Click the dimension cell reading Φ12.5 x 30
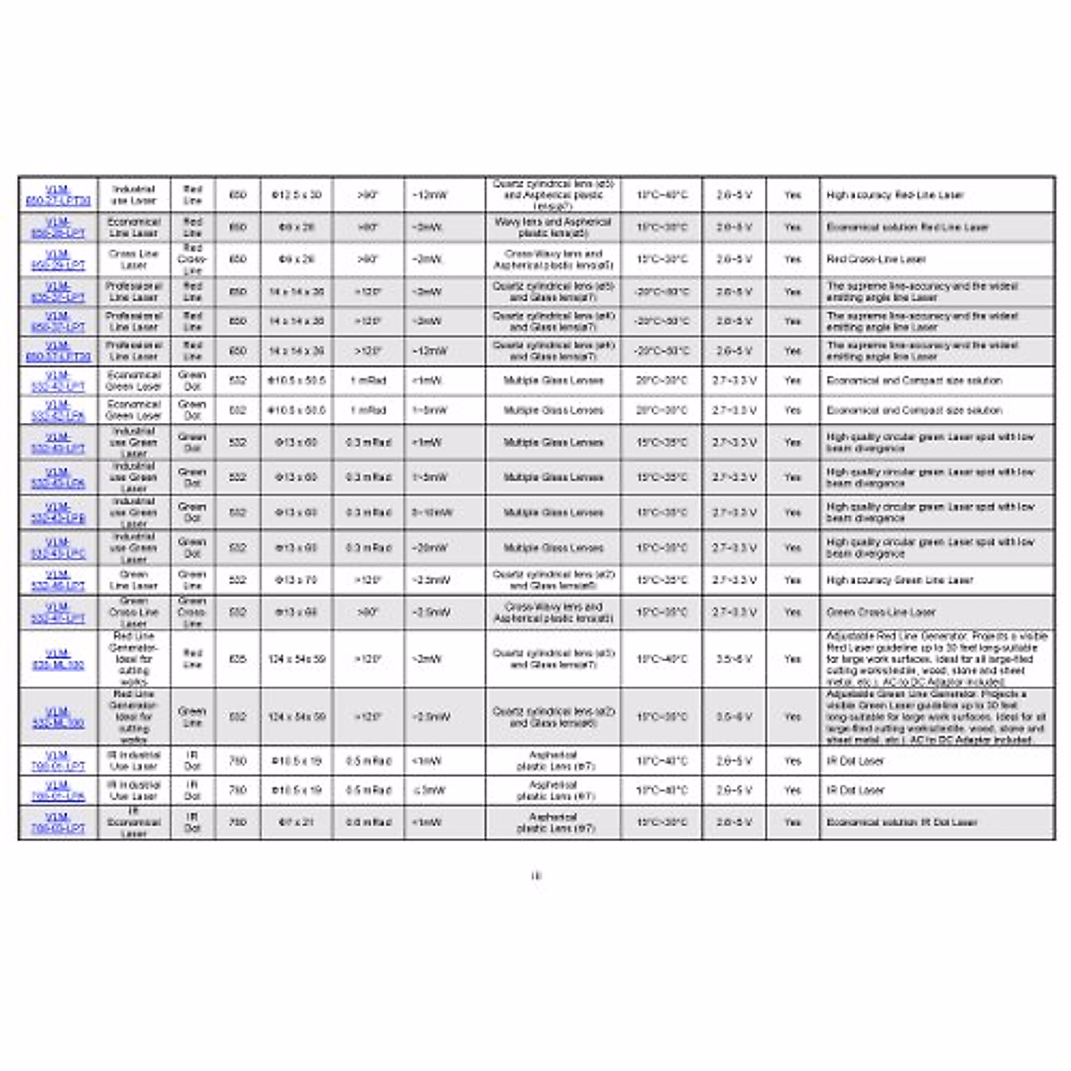click(296, 195)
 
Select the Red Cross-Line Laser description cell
click(876, 260)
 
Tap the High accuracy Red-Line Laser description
click(894, 195)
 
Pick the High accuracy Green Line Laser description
click(899, 580)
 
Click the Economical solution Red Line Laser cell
click(907, 228)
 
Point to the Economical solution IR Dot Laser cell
click(901, 822)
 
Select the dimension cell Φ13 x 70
click(296, 580)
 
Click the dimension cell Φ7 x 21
click(296, 822)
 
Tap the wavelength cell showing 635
click(237, 659)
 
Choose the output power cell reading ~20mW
click(428, 548)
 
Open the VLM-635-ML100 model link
click(58, 659)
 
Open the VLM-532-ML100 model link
click(58, 717)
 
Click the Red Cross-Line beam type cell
click(192, 259)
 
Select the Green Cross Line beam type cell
click(192, 612)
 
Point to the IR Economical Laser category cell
click(133, 822)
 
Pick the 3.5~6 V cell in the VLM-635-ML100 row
click(734, 659)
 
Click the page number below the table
click(535, 876)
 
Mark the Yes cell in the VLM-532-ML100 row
click(793, 717)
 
